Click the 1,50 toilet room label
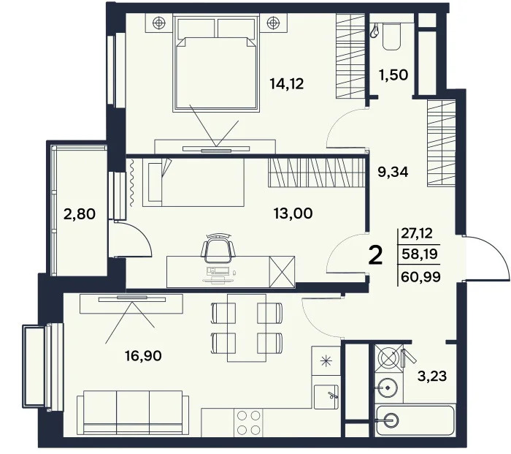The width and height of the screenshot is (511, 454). tap(392, 75)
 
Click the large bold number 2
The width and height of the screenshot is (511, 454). tap(376, 256)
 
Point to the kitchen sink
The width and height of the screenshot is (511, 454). tap(327, 397)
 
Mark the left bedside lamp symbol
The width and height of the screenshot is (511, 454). tap(160, 22)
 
